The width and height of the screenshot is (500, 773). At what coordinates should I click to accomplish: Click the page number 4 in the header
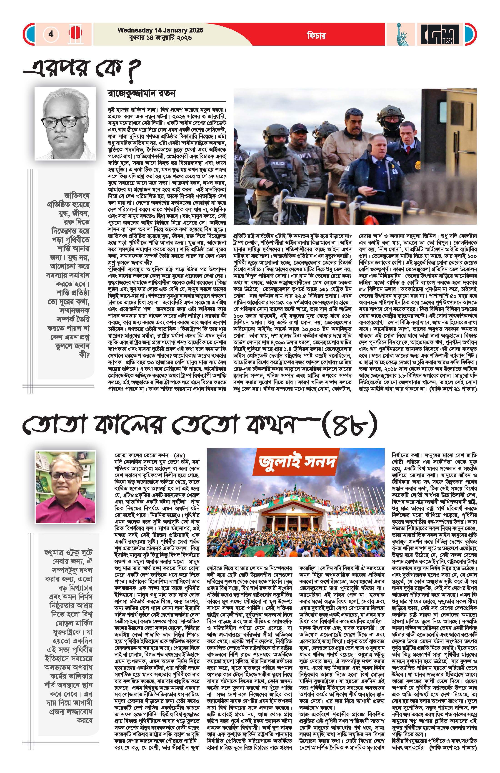[51, 34]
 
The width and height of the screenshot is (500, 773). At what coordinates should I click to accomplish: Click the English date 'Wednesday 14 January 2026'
[160, 30]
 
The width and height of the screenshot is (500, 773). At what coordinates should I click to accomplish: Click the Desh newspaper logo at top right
[440, 34]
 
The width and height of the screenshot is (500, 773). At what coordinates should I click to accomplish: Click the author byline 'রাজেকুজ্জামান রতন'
[142, 94]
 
